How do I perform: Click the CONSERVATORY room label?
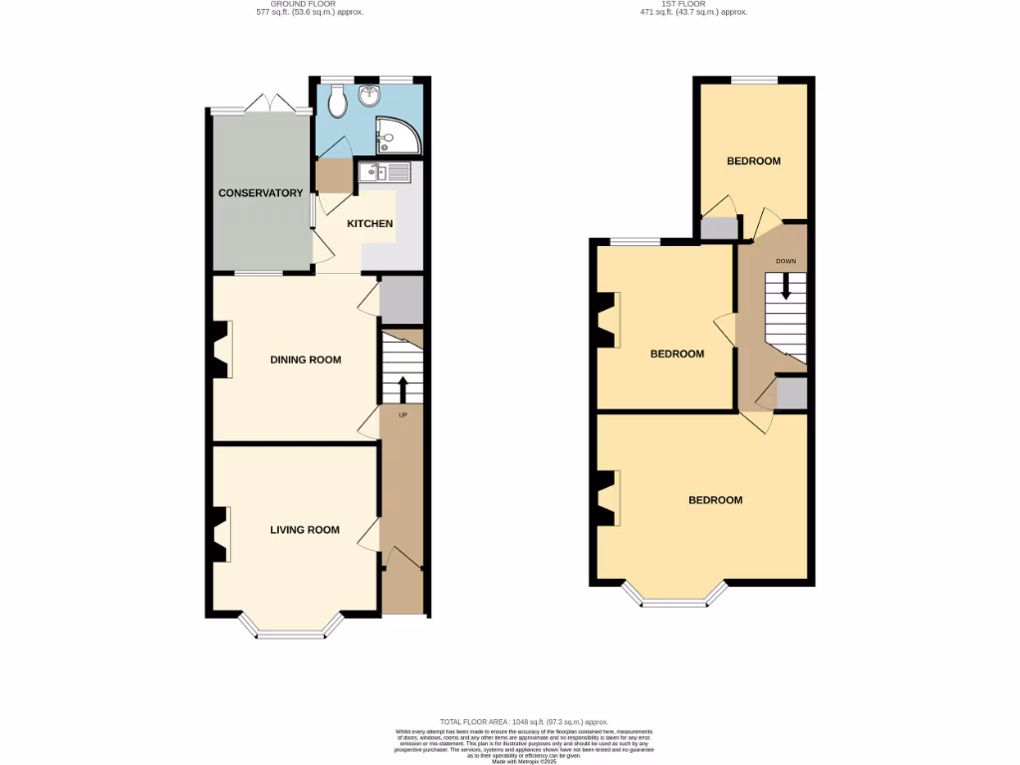coord(260,193)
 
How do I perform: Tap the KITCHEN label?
coord(370,224)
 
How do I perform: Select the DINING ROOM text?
coord(306,360)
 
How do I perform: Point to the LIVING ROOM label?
coord(305,530)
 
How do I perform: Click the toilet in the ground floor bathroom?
coord(338,98)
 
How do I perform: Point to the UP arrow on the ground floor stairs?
coord(402,388)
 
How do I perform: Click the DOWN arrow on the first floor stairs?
coord(786,286)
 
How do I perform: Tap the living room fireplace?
coord(221,535)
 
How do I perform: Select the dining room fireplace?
coord(221,349)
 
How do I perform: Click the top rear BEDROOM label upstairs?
coord(753,160)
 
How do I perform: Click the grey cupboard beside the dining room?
coord(401,296)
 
